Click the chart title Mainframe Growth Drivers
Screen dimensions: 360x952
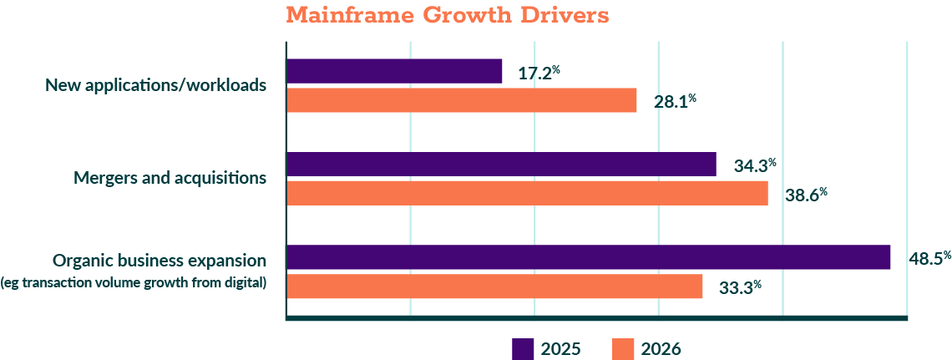[447, 16]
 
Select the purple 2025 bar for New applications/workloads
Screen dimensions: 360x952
[394, 71]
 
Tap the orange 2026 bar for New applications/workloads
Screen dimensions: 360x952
[461, 100]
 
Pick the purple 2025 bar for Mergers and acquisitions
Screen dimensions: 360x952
[501, 165]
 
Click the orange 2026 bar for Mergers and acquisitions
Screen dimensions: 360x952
[527, 194]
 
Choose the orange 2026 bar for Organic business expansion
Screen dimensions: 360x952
[494, 286]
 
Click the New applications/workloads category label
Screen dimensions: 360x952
[155, 85]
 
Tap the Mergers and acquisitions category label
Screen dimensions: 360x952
[170, 178]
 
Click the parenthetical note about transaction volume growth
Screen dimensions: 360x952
[134, 282]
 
